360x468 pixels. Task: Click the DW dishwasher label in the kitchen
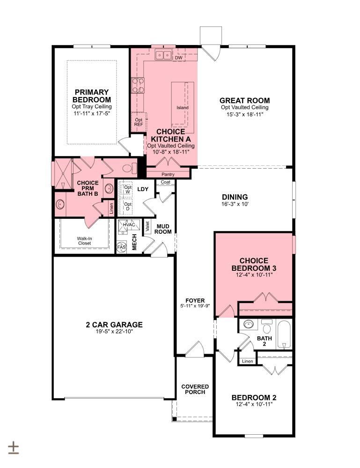click(178, 58)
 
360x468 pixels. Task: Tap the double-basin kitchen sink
click(163, 55)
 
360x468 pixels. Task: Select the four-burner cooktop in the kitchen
click(138, 85)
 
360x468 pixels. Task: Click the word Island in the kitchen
click(183, 107)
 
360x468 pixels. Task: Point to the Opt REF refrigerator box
click(139, 122)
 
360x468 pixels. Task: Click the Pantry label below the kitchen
click(168, 174)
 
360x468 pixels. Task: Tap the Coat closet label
click(166, 182)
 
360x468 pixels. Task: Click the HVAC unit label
click(129, 224)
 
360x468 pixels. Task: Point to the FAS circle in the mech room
click(122, 247)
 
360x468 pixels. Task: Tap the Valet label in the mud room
click(147, 227)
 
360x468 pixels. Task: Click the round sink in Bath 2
click(248, 324)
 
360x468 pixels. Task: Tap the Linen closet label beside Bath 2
click(248, 361)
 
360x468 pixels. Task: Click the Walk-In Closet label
click(84, 241)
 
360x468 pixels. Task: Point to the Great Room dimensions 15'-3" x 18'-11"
click(244, 114)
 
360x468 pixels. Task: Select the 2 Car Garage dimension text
click(114, 332)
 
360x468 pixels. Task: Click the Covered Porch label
click(195, 389)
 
